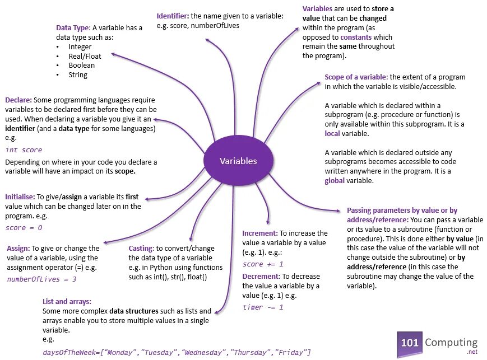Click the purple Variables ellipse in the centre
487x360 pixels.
click(x=238, y=161)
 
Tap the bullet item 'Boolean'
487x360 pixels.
click(x=81, y=65)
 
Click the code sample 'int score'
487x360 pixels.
click(x=24, y=149)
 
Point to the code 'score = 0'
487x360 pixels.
click(x=24, y=228)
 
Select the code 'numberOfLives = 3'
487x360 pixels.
click(x=41, y=278)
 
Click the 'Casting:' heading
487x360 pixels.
click(x=141, y=248)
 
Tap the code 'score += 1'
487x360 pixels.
click(x=263, y=264)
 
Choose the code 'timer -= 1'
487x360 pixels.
click(x=263, y=307)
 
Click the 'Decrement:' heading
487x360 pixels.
click(x=262, y=277)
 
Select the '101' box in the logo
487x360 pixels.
click(x=409, y=343)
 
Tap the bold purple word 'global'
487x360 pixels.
click(x=335, y=181)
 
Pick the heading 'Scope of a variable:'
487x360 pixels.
click(x=356, y=77)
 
